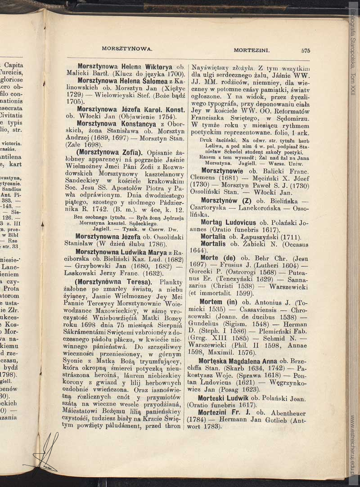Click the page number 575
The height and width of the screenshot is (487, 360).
click(306, 50)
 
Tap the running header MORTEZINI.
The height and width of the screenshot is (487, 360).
click(252, 50)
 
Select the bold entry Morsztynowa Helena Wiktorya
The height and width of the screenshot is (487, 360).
click(125, 66)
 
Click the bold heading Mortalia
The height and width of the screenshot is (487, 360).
click(213, 237)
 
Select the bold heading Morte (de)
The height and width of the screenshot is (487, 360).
click(218, 258)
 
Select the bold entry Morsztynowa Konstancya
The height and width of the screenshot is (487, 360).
click(118, 123)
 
